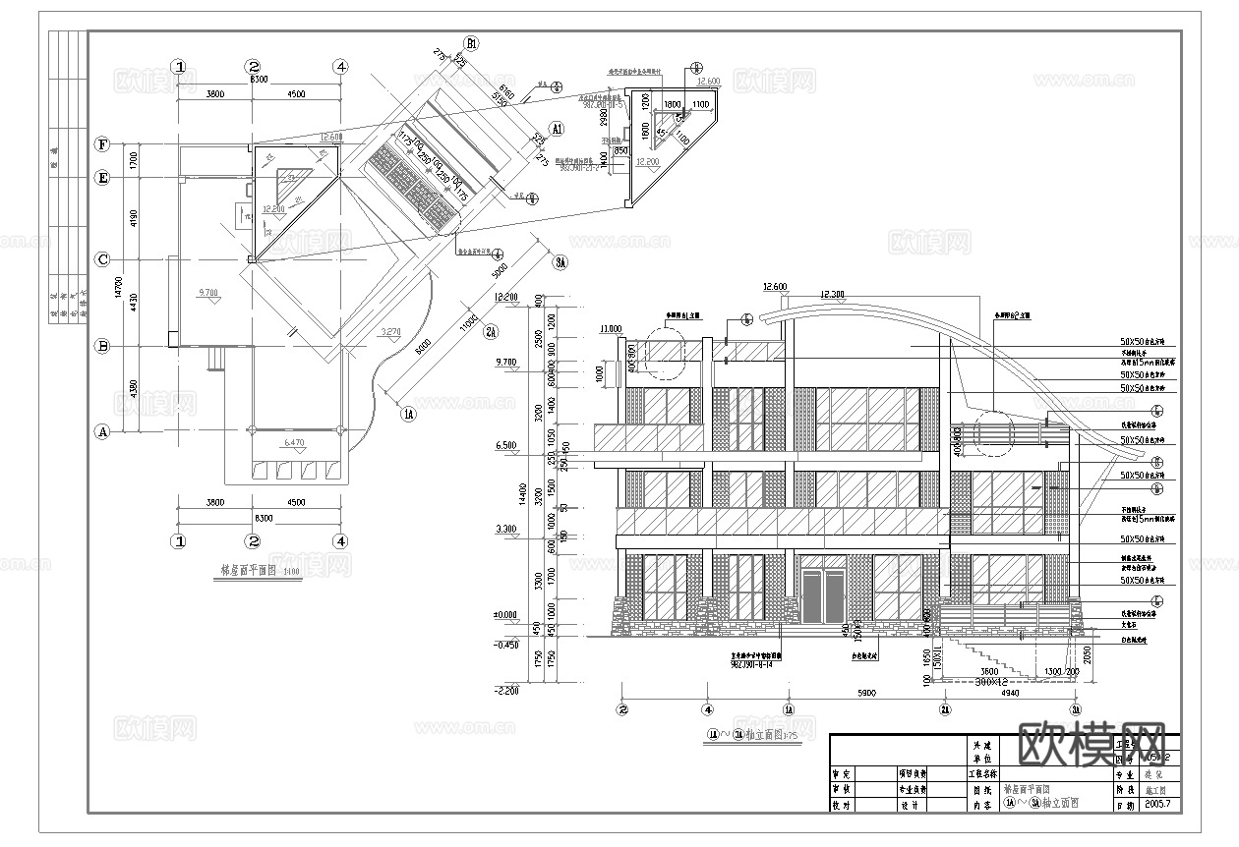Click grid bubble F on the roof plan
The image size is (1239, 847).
(x=101, y=144)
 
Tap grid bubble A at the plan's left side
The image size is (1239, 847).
(x=101, y=431)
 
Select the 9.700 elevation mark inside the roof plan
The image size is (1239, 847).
(x=208, y=293)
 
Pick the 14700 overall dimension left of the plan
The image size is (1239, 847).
(x=119, y=288)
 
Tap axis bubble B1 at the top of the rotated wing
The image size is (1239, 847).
(x=472, y=43)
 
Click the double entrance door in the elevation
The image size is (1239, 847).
(x=822, y=594)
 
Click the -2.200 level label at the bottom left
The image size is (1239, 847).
(x=504, y=691)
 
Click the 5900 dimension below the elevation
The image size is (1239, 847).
(x=865, y=693)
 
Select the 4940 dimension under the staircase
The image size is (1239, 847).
(x=1010, y=693)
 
